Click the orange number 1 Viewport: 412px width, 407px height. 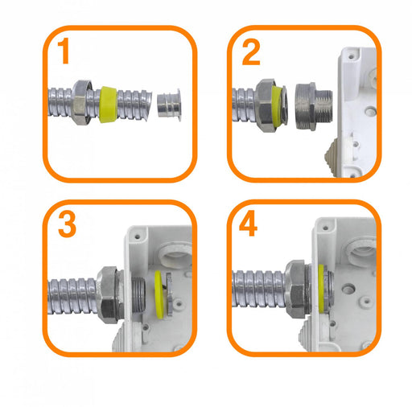tap(64, 51)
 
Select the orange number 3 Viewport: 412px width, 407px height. tap(67, 224)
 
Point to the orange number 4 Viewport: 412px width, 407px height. tap(248, 224)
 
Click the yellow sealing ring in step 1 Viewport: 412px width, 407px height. tap(108, 105)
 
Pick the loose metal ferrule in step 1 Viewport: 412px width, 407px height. tap(169, 105)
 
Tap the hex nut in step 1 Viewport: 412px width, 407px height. tap(81, 102)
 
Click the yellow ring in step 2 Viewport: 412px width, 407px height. tap(277, 105)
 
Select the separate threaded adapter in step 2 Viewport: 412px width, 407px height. tap(314, 107)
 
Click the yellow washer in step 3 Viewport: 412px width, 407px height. tap(159, 294)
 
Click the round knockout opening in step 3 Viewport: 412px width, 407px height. tap(175, 255)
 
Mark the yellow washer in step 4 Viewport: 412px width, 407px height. tap(321, 289)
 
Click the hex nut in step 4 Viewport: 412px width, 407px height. tap(296, 289)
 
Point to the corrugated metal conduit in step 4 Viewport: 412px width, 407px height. tap(258, 289)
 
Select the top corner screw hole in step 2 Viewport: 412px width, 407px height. tap(351, 57)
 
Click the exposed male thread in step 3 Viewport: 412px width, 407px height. tap(138, 294)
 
